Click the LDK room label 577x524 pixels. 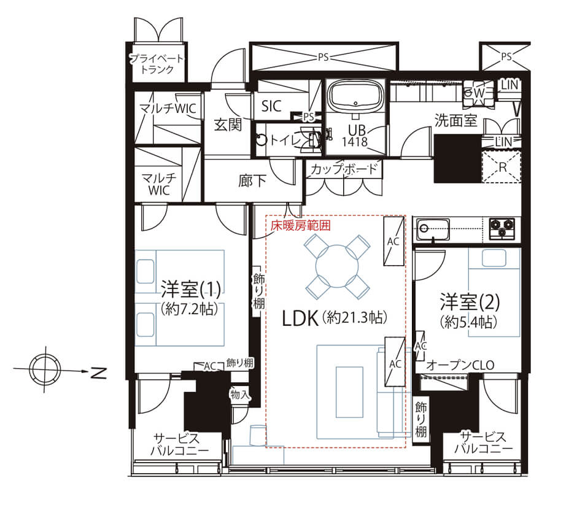[x=300, y=318]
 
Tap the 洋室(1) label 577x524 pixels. [x=191, y=289]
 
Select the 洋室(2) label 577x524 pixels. [x=470, y=302]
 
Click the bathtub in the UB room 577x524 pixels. [x=355, y=96]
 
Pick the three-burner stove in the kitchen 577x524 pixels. [x=501, y=228]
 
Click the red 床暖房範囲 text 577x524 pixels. [x=300, y=225]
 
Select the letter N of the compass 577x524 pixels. [x=98, y=373]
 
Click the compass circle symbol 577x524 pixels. [x=45, y=369]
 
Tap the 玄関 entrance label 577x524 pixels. [x=228, y=125]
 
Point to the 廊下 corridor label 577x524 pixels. [x=252, y=180]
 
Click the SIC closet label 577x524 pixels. [x=271, y=106]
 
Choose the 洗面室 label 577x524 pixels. [x=455, y=120]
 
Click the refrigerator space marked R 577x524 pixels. [x=502, y=167]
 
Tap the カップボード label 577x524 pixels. [x=344, y=169]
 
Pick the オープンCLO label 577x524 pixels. [x=460, y=365]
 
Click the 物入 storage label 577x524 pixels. [x=240, y=395]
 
